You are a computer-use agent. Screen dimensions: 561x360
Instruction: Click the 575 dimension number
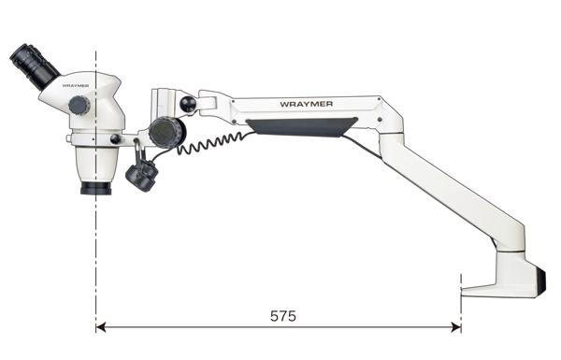tap(283, 316)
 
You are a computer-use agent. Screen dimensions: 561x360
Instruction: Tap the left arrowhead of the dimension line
tap(101, 326)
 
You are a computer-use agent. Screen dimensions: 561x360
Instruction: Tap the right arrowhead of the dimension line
tap(456, 326)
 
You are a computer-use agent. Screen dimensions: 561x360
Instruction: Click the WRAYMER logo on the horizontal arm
tap(307, 104)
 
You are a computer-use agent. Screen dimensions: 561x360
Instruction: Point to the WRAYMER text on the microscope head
tap(76, 86)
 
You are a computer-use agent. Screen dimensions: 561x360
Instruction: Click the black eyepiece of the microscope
tap(35, 66)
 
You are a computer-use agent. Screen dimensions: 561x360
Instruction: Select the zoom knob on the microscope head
tap(79, 106)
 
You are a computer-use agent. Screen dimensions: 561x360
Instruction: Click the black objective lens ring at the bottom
tap(96, 188)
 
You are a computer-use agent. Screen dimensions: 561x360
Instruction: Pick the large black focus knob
tap(166, 133)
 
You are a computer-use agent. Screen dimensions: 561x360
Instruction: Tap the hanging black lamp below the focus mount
tap(142, 175)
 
